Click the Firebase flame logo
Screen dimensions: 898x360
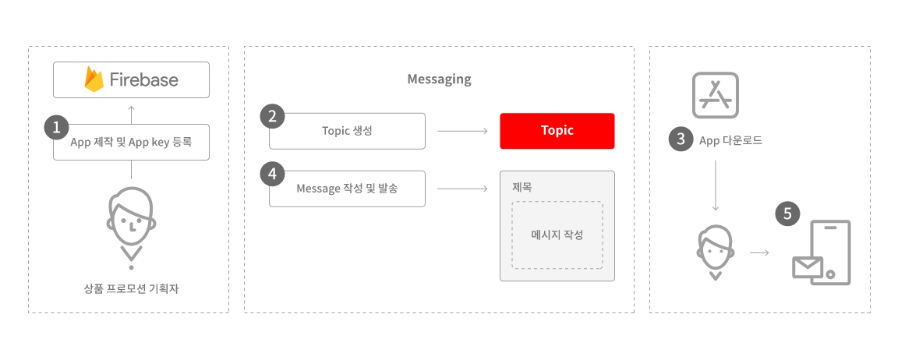pyautogui.click(x=94, y=79)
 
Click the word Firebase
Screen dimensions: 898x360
pyautogui.click(x=143, y=79)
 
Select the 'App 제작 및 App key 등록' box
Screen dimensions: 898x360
pyautogui.click(x=131, y=142)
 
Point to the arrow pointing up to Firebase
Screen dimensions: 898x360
pyautogui.click(x=131, y=115)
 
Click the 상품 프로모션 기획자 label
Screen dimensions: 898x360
pyautogui.click(x=131, y=289)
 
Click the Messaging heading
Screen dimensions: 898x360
pyautogui.click(x=440, y=79)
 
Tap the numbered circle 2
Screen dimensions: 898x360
pyautogui.click(x=272, y=116)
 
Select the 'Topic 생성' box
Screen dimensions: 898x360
pyautogui.click(x=347, y=131)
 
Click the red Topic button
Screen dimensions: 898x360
pyautogui.click(x=557, y=131)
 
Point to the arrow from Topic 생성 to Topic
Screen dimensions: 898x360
pyautogui.click(x=463, y=131)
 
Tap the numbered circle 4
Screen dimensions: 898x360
pyautogui.click(x=272, y=174)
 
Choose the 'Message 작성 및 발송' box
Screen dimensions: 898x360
pyautogui.click(x=347, y=189)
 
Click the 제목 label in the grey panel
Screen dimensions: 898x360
pyautogui.click(x=521, y=186)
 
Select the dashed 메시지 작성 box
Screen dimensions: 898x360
pyautogui.click(x=557, y=235)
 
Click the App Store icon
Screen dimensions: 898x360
pyautogui.click(x=716, y=95)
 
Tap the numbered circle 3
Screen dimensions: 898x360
pyautogui.click(x=681, y=139)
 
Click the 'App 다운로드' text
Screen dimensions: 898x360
pyautogui.click(x=730, y=139)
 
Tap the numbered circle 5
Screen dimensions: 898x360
pyautogui.click(x=787, y=214)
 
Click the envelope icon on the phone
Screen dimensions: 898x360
pyautogui.click(x=808, y=266)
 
